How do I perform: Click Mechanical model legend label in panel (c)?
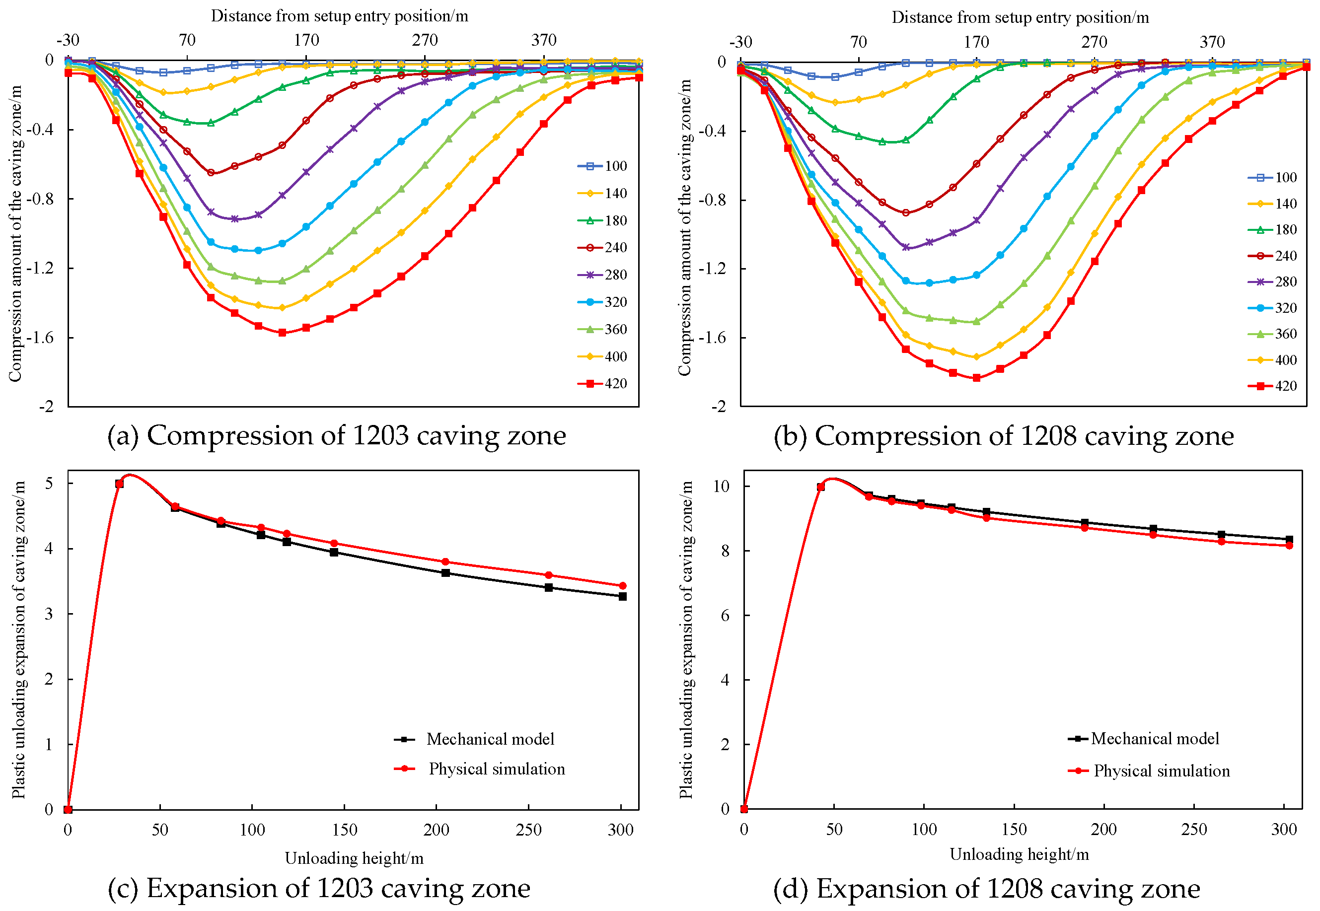tap(490, 739)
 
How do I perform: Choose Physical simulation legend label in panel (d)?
tap(1161, 771)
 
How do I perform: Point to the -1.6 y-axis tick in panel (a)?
tap(40, 338)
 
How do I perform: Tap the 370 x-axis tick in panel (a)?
tap(543, 40)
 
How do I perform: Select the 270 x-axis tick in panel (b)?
tap(1094, 42)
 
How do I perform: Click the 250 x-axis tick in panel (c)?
tap(528, 830)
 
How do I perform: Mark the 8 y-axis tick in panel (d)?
tap(725, 551)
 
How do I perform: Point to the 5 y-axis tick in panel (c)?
tap(49, 484)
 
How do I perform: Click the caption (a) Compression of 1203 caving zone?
tap(337, 435)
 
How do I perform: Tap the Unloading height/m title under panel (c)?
tap(354, 858)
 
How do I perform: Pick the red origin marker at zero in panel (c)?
tap(68, 809)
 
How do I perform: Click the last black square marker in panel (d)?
tap(1289, 540)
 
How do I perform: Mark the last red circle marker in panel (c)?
tap(622, 586)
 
